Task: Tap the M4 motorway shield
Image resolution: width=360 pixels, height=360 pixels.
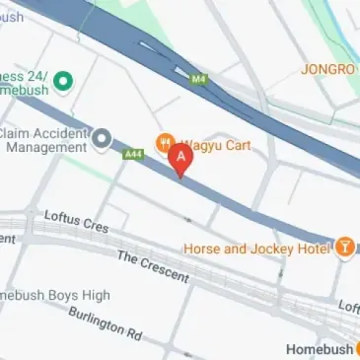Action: [x=200, y=78]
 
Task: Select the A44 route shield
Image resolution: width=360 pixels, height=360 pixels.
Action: [x=133, y=154]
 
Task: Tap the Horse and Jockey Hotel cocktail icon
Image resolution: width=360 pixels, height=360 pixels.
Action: [x=345, y=248]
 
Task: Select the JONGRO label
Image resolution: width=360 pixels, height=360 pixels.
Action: [x=328, y=69]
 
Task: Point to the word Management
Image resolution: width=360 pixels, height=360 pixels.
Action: [x=46, y=148]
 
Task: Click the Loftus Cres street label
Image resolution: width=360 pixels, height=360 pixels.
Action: [x=76, y=221]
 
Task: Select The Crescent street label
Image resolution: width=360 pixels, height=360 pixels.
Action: [x=153, y=265]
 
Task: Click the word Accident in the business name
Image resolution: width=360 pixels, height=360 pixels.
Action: [x=59, y=133]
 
